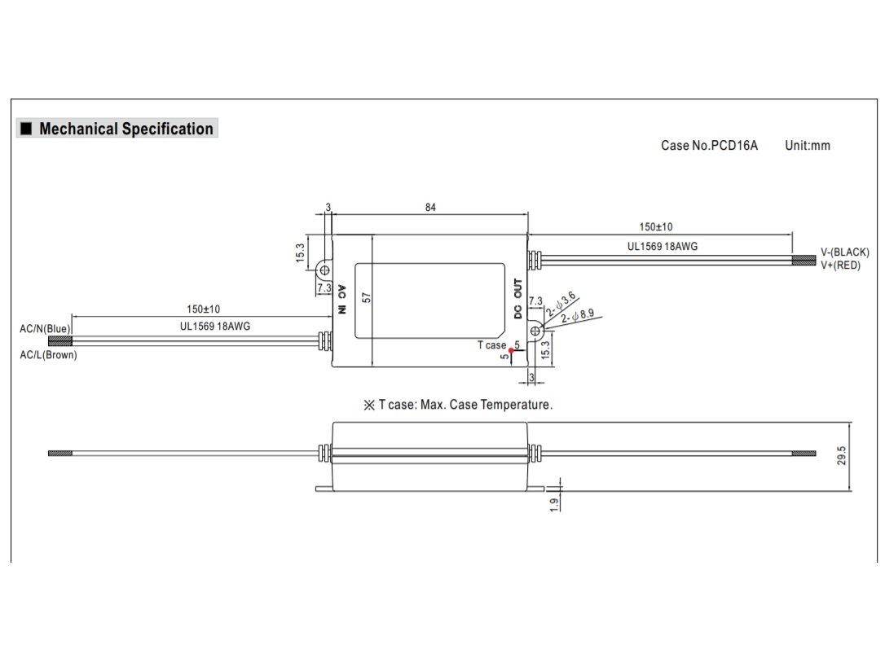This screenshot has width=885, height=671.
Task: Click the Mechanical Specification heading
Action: click(125, 129)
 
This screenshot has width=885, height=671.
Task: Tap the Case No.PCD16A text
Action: click(709, 146)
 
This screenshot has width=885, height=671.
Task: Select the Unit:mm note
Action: click(807, 146)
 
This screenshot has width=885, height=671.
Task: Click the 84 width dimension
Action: click(430, 208)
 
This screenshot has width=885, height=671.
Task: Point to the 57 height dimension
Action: click(367, 299)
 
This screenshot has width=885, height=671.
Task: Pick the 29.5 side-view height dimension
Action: click(842, 455)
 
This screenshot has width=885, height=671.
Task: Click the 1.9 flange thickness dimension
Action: click(554, 505)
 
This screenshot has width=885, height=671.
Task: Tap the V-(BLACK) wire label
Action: click(844, 252)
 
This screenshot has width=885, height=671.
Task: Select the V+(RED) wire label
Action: click(839, 265)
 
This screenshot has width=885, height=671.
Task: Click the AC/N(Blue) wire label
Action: click(45, 329)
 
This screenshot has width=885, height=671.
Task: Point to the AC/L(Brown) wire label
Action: click(48, 356)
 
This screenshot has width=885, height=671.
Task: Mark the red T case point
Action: click(511, 351)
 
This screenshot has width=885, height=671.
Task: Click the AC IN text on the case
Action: click(342, 299)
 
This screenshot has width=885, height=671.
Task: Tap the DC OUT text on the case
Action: click(517, 299)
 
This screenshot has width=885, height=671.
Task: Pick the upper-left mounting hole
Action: click(324, 270)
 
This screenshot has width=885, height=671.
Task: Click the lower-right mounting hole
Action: click(536, 331)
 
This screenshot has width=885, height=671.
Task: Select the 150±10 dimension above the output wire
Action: click(655, 227)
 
